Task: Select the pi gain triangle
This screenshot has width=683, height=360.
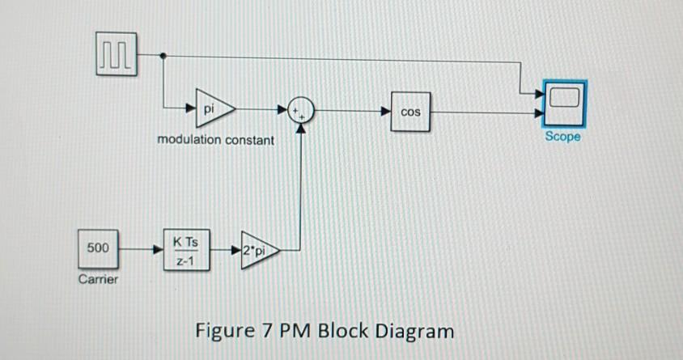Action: click(x=213, y=108)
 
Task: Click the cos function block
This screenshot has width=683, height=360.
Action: click(x=411, y=111)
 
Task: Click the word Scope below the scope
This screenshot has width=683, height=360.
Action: click(x=562, y=137)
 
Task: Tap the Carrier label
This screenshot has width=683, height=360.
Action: click(x=98, y=279)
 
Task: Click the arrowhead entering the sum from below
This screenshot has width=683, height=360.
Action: click(x=303, y=129)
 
